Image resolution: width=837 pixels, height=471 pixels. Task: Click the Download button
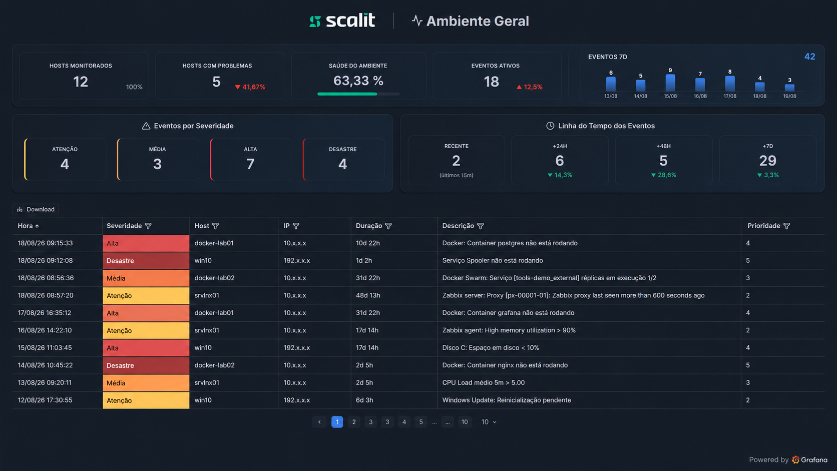pyautogui.click(x=36, y=209)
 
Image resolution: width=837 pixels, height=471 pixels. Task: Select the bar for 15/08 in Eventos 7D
pyautogui.click(x=670, y=83)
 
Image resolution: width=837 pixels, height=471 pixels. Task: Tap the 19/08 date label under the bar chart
pyautogui.click(x=789, y=96)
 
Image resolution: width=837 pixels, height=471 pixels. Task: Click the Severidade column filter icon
pyautogui.click(x=148, y=226)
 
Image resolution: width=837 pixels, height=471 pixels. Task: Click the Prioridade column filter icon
pyautogui.click(x=786, y=226)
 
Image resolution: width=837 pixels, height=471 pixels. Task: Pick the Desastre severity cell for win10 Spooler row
pyautogui.click(x=146, y=261)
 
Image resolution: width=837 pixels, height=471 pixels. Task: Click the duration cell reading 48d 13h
pyautogui.click(x=368, y=295)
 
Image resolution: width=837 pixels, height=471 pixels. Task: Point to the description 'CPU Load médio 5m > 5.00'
pyautogui.click(x=483, y=382)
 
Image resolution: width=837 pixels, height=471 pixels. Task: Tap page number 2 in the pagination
pyautogui.click(x=354, y=421)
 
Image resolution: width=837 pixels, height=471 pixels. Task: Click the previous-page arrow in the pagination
pyautogui.click(x=319, y=421)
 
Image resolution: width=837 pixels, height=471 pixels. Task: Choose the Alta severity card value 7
pyautogui.click(x=250, y=164)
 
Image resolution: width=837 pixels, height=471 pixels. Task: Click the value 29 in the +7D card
pyautogui.click(x=768, y=161)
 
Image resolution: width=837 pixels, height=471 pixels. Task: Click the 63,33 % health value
pyautogui.click(x=358, y=81)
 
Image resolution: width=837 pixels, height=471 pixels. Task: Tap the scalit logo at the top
pyautogui.click(x=342, y=21)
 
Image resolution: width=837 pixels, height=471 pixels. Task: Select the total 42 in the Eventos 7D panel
pyautogui.click(x=810, y=57)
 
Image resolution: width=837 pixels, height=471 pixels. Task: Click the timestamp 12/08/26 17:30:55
pyautogui.click(x=45, y=400)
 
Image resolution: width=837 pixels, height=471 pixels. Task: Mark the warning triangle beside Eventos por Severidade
pyautogui.click(x=146, y=126)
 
